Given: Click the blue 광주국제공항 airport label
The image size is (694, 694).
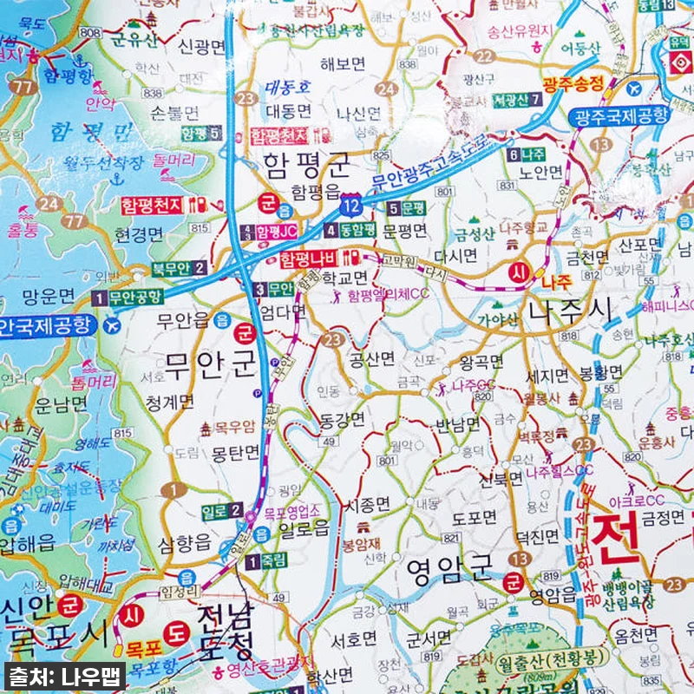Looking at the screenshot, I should pyautogui.click(x=620, y=115).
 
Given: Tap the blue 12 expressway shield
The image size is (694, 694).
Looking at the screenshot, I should pyautogui.click(x=350, y=206).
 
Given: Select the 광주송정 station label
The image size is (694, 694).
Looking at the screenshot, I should pyautogui.click(x=573, y=84).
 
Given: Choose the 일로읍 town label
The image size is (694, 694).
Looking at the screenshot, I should pyautogui.click(x=304, y=529).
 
